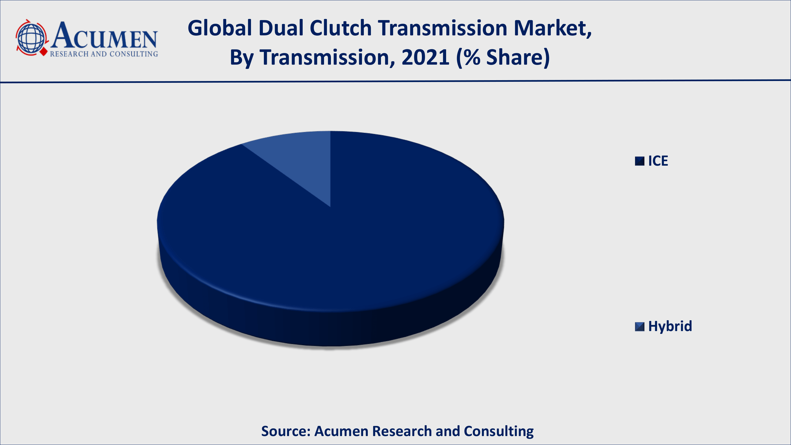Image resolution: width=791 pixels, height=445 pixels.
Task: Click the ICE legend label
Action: pyautogui.click(x=658, y=161)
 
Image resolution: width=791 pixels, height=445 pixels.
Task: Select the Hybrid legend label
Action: pyautogui.click(x=670, y=326)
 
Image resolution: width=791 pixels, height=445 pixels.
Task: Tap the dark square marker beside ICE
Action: pyautogui.click(x=640, y=161)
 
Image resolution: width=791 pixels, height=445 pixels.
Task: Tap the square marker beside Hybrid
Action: pyautogui.click(x=640, y=327)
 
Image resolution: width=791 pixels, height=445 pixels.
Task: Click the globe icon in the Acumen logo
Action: pyautogui.click(x=31, y=38)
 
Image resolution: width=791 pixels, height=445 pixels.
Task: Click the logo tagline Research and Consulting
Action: pyautogui.click(x=104, y=54)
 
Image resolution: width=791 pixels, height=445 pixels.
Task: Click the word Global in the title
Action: pyautogui.click(x=220, y=28)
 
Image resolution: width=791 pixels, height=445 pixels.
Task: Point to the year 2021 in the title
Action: pyautogui.click(x=426, y=58)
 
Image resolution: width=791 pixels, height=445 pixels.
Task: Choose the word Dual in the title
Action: pyautogui.click(x=281, y=28)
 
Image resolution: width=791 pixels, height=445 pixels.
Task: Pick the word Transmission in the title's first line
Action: pyautogui.click(x=443, y=28)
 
